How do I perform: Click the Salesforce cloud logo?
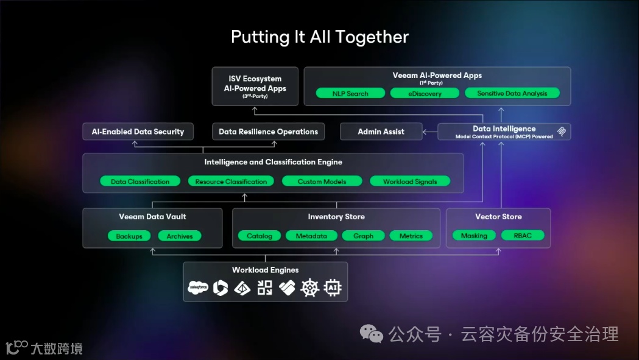pos(198,288)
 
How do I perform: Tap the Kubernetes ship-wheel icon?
pos(310,288)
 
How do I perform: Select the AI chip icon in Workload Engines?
pos(333,288)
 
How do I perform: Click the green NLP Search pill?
pos(350,93)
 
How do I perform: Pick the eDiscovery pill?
pos(425,93)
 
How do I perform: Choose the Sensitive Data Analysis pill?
pos(512,93)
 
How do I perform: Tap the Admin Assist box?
pos(381,132)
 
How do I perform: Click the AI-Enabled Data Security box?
pos(138,132)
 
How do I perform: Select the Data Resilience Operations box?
pos(268,132)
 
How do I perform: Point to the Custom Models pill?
pos(322,182)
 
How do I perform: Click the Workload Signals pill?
pos(409,182)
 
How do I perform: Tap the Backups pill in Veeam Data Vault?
pos(129,236)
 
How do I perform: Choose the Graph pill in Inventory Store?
pos(363,236)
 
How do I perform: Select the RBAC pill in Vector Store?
pos(523,236)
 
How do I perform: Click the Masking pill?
pos(474,236)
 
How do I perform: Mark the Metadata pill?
pos(311,236)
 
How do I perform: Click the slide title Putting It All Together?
pos(319,37)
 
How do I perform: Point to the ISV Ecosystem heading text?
pos(255,79)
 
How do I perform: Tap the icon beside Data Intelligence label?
pos(562,132)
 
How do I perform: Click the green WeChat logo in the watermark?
pos(372,333)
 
